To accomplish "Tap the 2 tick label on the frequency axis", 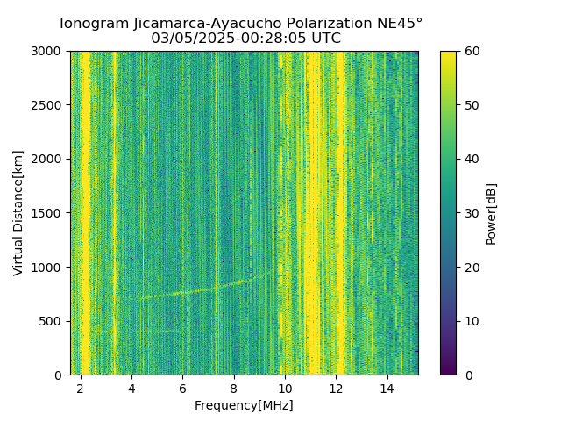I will [81, 389].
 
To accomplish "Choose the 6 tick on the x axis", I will [182, 389].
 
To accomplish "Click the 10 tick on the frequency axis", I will [285, 389].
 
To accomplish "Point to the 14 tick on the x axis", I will [387, 389].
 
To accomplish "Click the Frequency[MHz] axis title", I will [244, 405].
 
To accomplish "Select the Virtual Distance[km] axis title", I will [18, 213].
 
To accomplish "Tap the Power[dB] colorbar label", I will [492, 213].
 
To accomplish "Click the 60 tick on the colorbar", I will [471, 52].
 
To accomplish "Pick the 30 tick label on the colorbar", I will [471, 213].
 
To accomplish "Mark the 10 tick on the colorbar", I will [471, 321].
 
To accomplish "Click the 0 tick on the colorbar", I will [467, 375].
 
